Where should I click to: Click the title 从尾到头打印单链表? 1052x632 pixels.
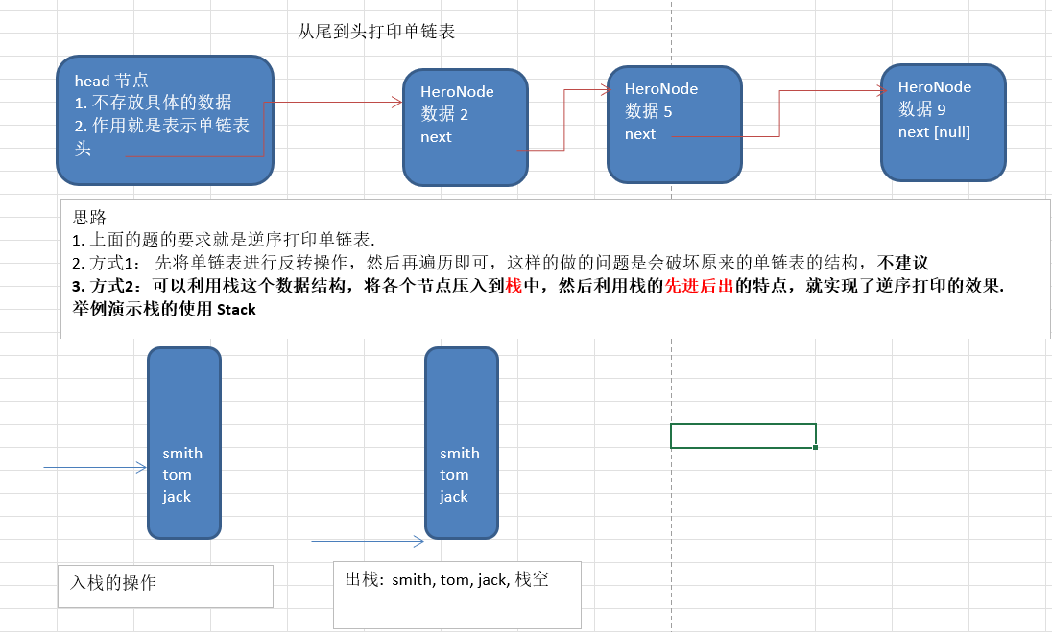tap(376, 32)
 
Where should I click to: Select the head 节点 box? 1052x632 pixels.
tap(164, 120)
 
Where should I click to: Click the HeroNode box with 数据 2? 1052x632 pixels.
tap(465, 127)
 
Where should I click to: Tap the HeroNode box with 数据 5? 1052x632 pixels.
tap(674, 124)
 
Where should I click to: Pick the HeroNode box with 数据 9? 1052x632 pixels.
tap(943, 122)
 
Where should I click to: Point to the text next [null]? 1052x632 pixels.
tap(934, 132)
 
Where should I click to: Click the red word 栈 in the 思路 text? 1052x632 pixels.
tap(514, 286)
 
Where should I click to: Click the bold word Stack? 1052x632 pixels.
tap(236, 310)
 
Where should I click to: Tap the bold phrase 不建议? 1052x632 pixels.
tap(903, 262)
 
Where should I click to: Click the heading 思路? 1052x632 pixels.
tap(89, 218)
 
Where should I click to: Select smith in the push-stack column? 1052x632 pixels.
tap(182, 453)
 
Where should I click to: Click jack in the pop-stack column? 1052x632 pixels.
tap(454, 496)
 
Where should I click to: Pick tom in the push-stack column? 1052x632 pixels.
tap(178, 474)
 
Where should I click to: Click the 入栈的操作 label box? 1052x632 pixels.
tap(165, 585)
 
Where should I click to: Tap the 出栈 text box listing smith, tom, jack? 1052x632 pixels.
tap(457, 594)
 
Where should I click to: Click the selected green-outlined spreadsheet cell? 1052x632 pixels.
tap(743, 435)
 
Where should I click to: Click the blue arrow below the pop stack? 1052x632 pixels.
tap(367, 541)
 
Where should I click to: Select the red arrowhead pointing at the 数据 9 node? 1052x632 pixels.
tap(882, 91)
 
